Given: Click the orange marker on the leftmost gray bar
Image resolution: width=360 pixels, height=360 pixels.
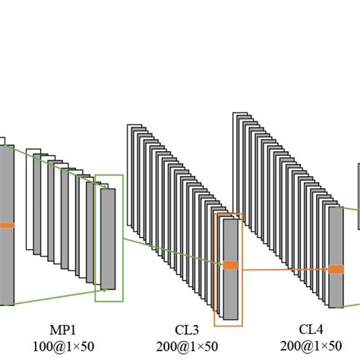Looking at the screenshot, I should (x=6, y=225).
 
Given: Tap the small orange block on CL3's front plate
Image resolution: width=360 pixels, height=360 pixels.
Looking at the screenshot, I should (x=229, y=264).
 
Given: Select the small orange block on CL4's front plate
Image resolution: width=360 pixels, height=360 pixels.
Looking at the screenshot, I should (x=335, y=269).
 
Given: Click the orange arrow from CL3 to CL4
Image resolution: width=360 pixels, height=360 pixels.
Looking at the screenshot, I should (x=281, y=267).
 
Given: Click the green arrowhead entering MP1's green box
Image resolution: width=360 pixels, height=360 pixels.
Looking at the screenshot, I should (x=102, y=288).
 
